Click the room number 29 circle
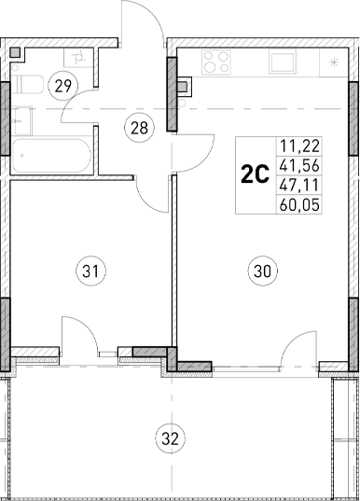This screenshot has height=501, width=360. pyautogui.click(x=64, y=85)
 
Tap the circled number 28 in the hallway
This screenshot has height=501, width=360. pyautogui.click(x=139, y=129)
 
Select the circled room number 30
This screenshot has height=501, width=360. pyautogui.click(x=262, y=271)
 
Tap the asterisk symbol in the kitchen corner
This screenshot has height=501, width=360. pyautogui.click(x=333, y=62)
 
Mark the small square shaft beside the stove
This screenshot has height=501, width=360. pyautogui.click(x=185, y=89)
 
